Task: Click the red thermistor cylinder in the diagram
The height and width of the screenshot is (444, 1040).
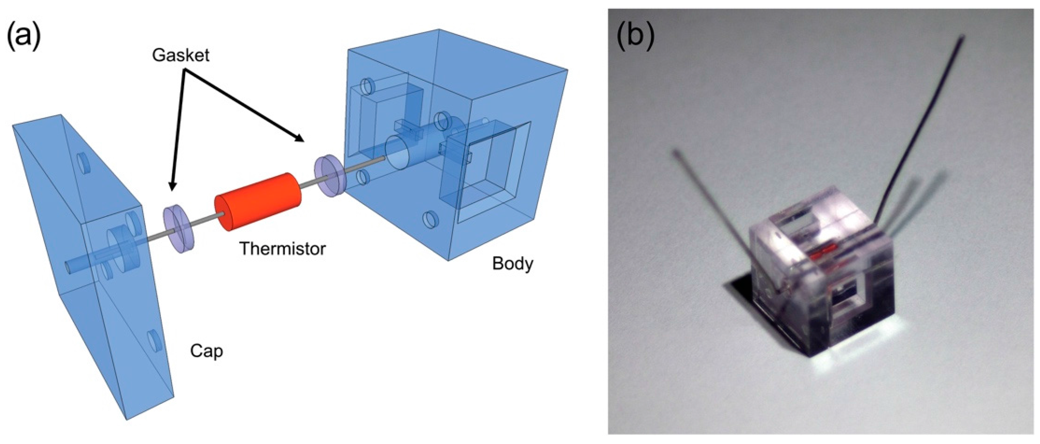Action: click(x=259, y=201)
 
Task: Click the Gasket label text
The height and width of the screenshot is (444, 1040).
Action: click(x=181, y=55)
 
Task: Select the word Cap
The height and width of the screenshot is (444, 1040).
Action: click(x=206, y=351)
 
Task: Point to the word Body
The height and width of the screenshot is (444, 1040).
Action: click(x=512, y=263)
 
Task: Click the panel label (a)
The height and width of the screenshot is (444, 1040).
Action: click(x=24, y=38)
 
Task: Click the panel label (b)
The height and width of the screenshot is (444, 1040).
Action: click(x=635, y=38)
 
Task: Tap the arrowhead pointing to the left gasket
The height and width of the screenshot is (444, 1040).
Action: click(x=172, y=186)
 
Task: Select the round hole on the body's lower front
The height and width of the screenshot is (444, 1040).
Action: click(x=430, y=219)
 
